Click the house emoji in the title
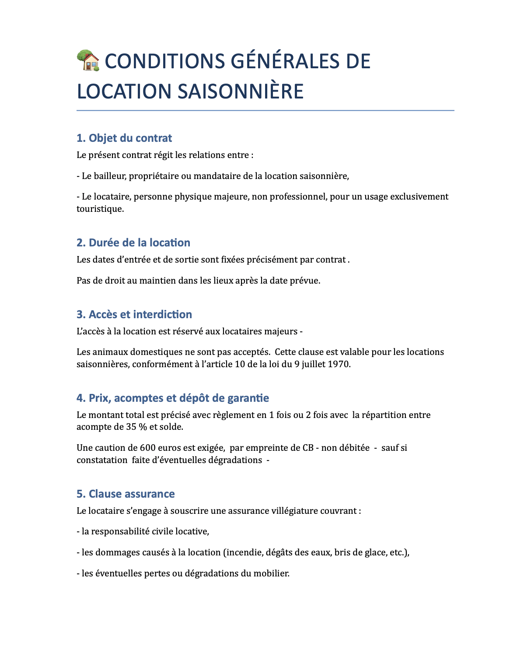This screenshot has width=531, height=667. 88,60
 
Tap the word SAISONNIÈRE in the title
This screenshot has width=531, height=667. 240,91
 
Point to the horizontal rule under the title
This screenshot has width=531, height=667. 265,111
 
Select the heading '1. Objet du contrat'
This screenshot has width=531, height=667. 124,138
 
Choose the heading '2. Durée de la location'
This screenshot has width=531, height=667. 133,243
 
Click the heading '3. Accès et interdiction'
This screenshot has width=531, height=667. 134,315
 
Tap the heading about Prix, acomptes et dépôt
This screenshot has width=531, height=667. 173,398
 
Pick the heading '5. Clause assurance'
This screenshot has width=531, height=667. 126,494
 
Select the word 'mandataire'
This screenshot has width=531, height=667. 216,176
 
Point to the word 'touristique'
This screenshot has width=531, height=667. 99,209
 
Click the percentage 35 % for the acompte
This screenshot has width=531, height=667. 136,427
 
